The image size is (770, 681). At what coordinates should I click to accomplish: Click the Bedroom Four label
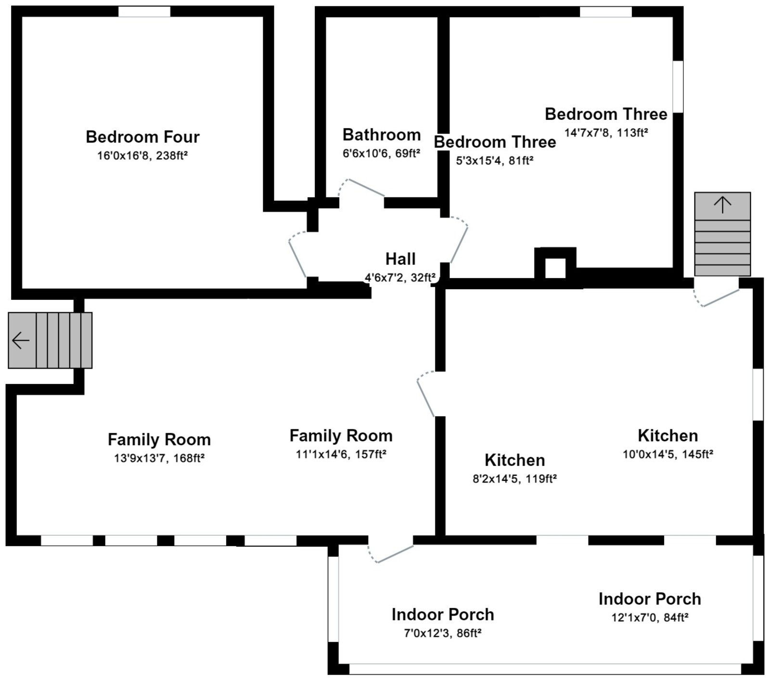coord(142,137)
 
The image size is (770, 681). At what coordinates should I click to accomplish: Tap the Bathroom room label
coord(381,135)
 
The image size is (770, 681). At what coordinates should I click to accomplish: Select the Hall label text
coord(400,259)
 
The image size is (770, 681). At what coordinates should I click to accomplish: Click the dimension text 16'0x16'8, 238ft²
coord(142,155)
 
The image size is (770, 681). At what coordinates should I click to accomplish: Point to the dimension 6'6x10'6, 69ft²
coord(381,153)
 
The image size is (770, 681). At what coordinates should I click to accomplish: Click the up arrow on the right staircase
coord(722,205)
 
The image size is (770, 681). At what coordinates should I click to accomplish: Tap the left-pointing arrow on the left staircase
coord(21,341)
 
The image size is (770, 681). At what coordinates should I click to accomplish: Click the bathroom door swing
coord(363,188)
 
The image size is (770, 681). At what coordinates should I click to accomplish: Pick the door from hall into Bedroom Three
coord(459,243)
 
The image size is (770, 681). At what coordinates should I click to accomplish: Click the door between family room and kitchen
coord(426,395)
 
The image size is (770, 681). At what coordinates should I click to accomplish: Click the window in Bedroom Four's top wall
coord(144,12)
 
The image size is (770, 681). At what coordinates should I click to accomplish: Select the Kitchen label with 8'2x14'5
coord(514,460)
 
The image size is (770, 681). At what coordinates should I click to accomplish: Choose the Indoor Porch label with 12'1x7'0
coord(650,599)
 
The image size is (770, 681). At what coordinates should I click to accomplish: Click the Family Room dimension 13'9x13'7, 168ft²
coord(159,458)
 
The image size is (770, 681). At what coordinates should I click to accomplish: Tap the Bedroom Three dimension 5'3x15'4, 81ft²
coord(495,161)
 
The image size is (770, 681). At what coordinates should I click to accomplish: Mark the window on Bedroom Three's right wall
coord(678,87)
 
